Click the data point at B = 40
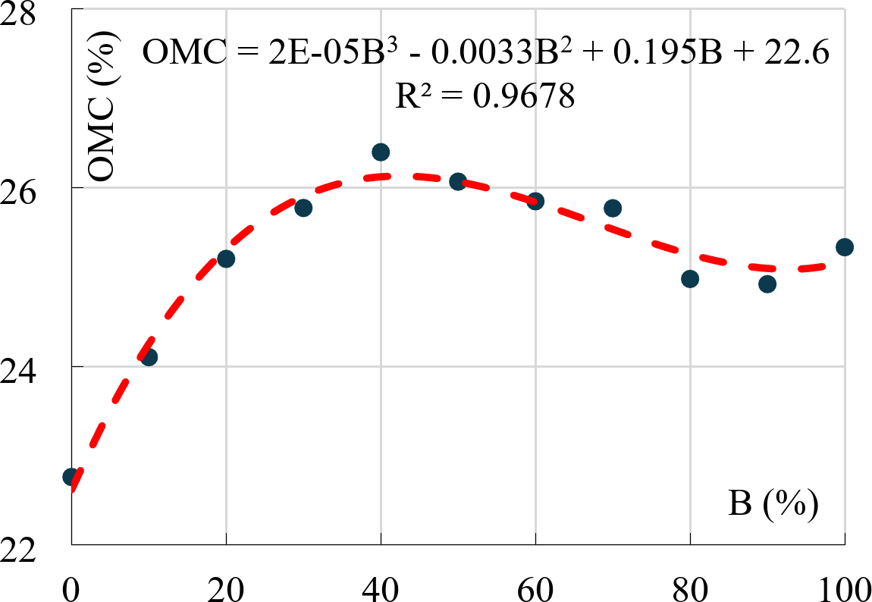tap(381, 152)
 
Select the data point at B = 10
tap(149, 357)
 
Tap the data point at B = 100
tap(845, 247)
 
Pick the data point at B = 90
tap(767, 284)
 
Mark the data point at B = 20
tap(226, 259)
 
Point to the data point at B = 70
tap(613, 208)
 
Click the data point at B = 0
tap(71, 477)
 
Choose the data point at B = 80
tap(690, 279)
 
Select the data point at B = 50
tap(458, 181)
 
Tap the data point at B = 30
tap(303, 208)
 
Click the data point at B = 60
tap(535, 201)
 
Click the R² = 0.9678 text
tap(485, 97)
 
